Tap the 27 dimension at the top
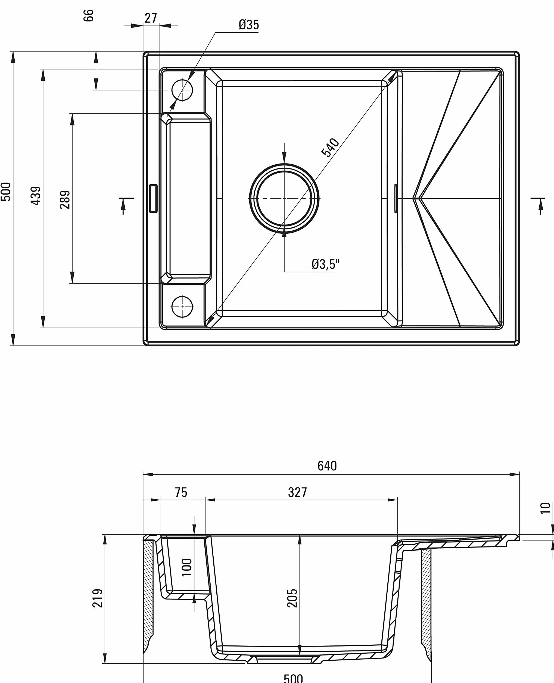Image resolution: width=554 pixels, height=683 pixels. point(151,18)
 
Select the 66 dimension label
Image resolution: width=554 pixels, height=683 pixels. point(88,15)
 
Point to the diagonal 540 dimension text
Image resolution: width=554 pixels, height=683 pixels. point(330,147)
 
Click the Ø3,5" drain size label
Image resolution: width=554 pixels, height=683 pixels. point(325,264)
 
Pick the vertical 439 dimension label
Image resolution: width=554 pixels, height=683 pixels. point(36,195)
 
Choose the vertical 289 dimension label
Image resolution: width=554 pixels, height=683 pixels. point(65,200)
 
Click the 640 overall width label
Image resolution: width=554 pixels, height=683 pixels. point(327,466)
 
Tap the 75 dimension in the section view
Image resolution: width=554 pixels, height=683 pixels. point(181,492)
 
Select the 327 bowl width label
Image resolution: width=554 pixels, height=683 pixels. point(297,492)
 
